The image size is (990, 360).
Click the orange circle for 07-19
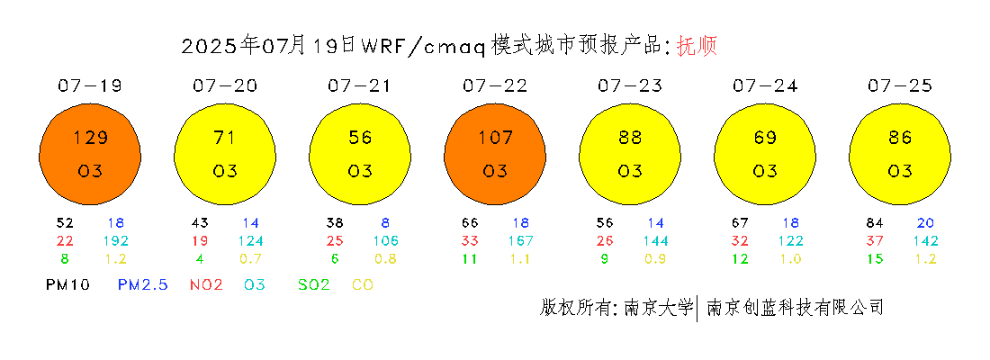point(90,154)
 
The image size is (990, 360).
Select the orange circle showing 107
point(495,154)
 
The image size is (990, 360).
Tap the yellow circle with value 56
point(360,154)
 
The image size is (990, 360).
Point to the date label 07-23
point(630,85)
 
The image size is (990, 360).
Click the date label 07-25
point(900,85)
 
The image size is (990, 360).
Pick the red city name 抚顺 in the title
point(697,47)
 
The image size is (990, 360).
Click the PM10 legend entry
point(68,284)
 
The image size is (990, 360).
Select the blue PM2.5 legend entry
point(143,284)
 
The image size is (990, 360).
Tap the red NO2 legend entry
point(206,284)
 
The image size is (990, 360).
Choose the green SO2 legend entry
point(314,284)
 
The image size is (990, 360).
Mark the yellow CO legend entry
point(363,284)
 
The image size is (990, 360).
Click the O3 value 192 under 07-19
point(116,240)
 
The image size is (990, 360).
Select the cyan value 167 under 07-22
point(521,240)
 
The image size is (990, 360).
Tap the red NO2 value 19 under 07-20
point(200,240)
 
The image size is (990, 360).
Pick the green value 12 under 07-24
point(740,258)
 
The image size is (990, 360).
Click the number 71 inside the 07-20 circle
point(225,137)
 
